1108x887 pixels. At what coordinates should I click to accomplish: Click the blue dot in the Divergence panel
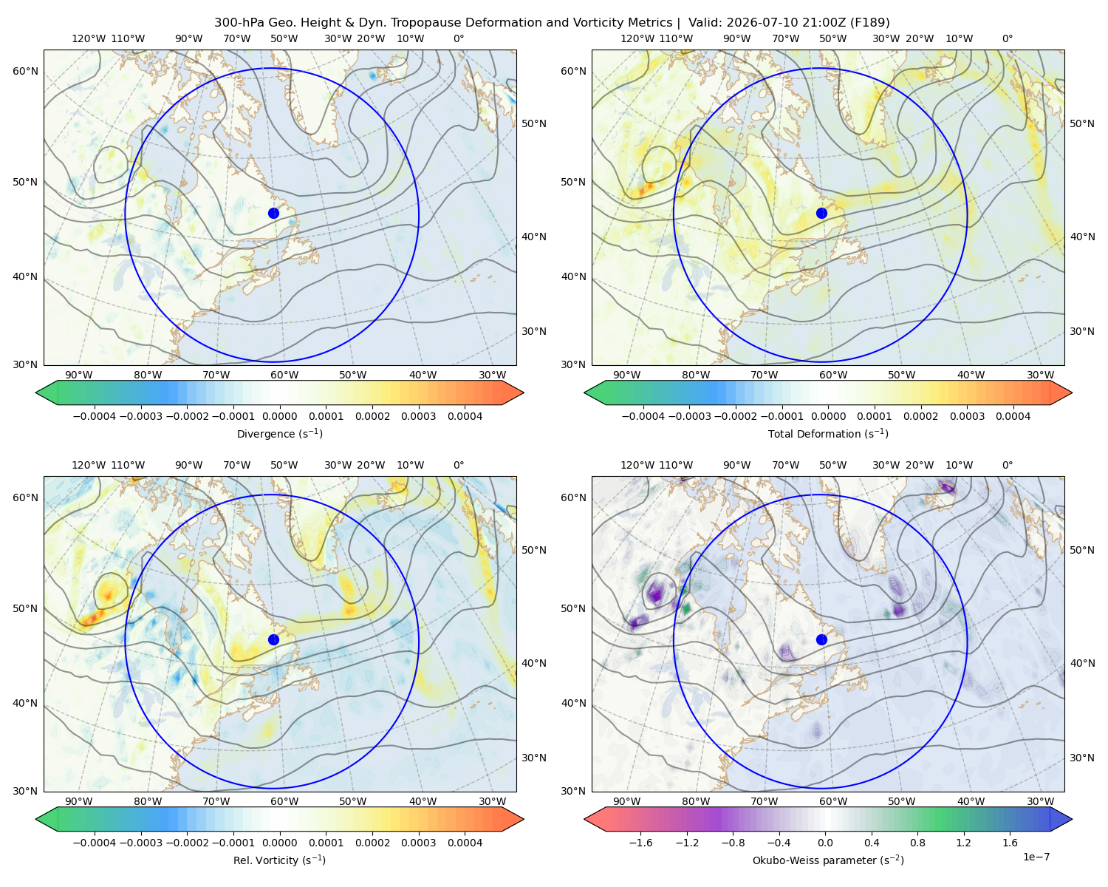[x=273, y=213]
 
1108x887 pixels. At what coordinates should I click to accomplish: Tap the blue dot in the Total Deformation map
[x=821, y=213]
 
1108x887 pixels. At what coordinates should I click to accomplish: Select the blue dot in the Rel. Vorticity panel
[x=273, y=639]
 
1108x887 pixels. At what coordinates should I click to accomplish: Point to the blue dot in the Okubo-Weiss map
[x=821, y=639]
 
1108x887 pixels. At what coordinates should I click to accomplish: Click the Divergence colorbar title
[x=279, y=433]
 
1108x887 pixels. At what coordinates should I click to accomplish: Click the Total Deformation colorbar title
[x=828, y=433]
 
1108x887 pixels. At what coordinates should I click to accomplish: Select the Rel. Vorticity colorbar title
[x=279, y=860]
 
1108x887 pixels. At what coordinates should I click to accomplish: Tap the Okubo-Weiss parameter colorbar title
[x=828, y=860]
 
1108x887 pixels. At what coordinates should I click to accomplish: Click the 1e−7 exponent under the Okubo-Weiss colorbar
[x=1036, y=857]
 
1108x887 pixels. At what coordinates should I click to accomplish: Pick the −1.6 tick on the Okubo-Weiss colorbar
[x=640, y=843]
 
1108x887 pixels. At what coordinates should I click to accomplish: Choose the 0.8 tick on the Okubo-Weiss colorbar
[x=917, y=843]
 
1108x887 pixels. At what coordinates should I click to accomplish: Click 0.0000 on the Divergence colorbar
[x=279, y=416]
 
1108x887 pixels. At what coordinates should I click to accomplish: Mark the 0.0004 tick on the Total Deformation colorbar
[x=1013, y=416]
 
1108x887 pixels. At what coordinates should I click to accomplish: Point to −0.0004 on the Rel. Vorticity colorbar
[x=95, y=843]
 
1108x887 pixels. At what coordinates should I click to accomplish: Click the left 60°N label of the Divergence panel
[x=25, y=71]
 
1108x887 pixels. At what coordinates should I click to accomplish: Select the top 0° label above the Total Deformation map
[x=1007, y=38]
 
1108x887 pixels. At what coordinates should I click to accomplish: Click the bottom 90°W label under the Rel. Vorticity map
[x=79, y=801]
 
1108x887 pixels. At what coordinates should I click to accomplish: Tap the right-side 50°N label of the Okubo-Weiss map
[x=1082, y=550]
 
